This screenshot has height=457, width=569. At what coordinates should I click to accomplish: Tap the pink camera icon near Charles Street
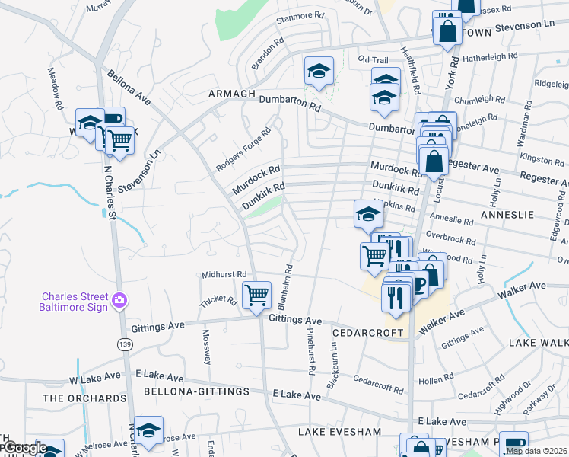tap(119, 301)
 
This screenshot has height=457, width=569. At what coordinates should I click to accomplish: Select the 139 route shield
tap(124, 344)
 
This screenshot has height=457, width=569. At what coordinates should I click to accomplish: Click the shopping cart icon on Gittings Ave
tap(256, 295)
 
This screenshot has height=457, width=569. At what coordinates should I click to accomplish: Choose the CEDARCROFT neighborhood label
tap(367, 333)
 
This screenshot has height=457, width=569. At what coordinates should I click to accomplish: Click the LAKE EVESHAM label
tap(339, 432)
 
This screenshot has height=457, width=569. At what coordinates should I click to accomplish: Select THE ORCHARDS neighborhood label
tap(84, 398)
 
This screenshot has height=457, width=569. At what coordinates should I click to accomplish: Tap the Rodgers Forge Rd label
tap(243, 149)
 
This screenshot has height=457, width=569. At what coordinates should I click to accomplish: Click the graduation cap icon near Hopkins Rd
tap(367, 213)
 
